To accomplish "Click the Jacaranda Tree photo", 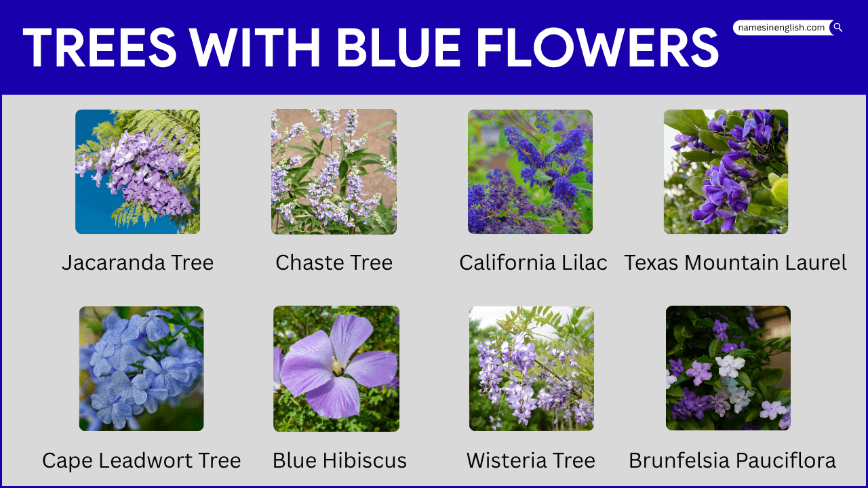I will [138, 171].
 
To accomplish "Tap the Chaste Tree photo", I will [334, 171].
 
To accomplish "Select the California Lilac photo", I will [530, 171].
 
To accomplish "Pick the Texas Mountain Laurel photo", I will [726, 171].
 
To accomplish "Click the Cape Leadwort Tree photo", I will [141, 368].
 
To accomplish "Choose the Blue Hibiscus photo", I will [336, 368].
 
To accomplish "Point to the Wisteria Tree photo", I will [531, 368].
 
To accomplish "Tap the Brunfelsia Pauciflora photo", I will [728, 368].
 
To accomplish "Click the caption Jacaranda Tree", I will [138, 263].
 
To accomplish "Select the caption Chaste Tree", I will [334, 263].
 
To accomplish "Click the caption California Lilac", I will [533, 263].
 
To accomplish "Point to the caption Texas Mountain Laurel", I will [735, 263].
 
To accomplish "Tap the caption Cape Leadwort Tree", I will [141, 461].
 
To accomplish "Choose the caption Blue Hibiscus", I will [339, 461].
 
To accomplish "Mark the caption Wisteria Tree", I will [530, 461].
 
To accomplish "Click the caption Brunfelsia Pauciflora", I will [732, 461].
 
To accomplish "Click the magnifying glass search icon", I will [837, 28].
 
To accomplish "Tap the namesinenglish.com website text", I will [781, 28].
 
